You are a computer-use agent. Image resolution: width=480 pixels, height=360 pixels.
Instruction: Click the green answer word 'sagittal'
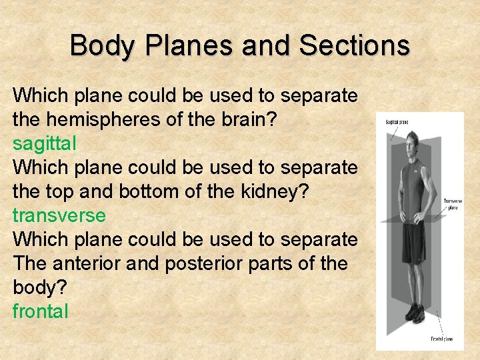tap(45, 143)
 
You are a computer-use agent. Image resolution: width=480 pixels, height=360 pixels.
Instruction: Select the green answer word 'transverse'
tap(59, 215)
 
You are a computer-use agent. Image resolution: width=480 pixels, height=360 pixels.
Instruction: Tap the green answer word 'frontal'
tap(41, 311)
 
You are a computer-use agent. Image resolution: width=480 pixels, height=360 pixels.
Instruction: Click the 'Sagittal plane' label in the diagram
tap(397, 122)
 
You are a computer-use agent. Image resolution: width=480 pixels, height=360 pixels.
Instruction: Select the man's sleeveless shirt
tap(413, 183)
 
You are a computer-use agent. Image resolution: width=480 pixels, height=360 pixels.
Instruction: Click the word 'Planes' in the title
tap(193, 46)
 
